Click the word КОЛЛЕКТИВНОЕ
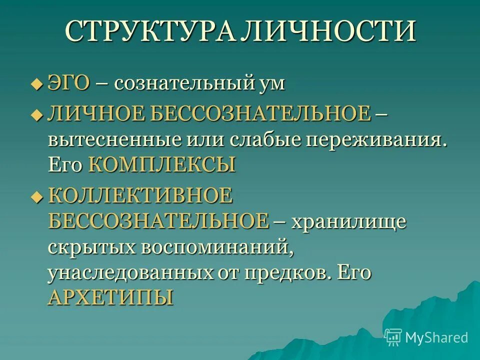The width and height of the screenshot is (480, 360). pyautogui.click(x=140, y=194)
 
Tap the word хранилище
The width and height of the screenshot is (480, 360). pyautogui.click(x=348, y=221)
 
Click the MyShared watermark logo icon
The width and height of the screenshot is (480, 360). pyautogui.click(x=393, y=337)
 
